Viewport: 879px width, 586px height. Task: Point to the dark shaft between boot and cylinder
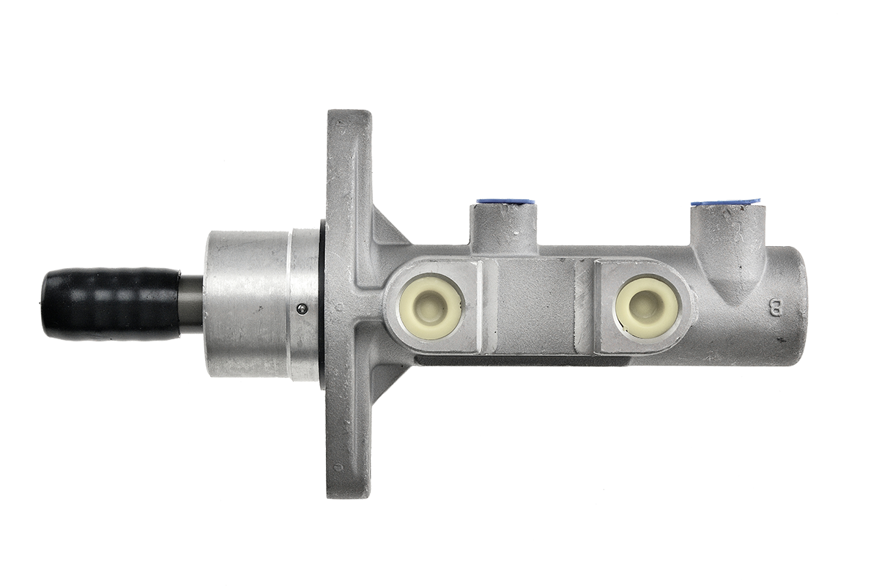click(193, 305)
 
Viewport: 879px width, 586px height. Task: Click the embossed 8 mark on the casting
click(774, 306)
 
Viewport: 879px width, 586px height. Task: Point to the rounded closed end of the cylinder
click(798, 300)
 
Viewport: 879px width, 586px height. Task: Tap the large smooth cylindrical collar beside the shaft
click(245, 305)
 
